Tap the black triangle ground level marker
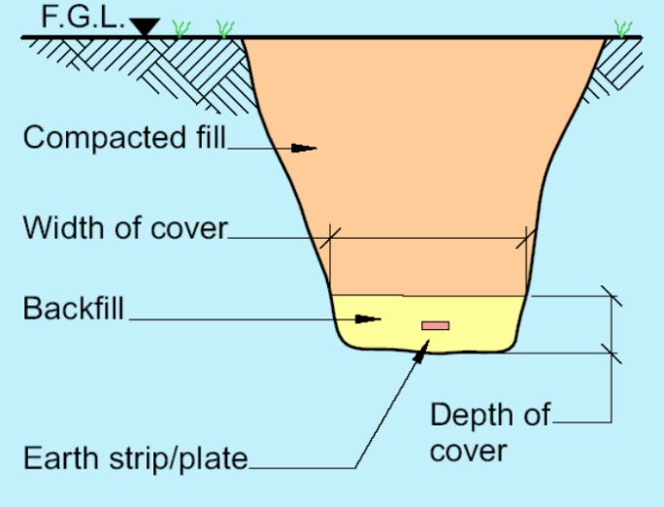tap(146, 27)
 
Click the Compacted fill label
tap(123, 138)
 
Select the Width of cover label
tap(124, 230)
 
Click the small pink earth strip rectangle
tap(435, 324)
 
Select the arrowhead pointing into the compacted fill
tap(304, 149)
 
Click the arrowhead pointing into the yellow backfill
tap(365, 319)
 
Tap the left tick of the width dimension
tap(332, 236)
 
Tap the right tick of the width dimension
tap(528, 236)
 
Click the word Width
tap(61, 230)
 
